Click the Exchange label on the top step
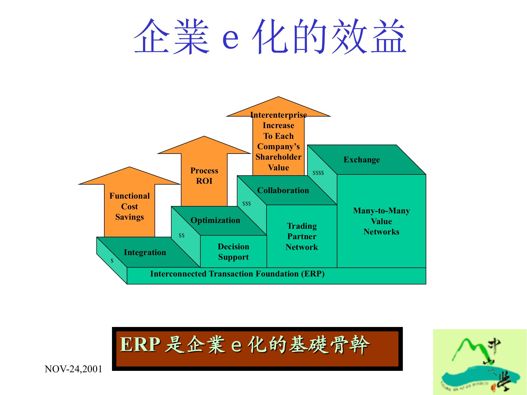(361, 160)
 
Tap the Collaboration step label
(283, 190)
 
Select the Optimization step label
(215, 220)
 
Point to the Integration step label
(145, 252)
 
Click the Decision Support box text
(233, 252)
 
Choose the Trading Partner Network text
(302, 236)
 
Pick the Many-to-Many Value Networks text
(381, 221)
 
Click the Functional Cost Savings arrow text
(130, 206)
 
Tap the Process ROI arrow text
(204, 176)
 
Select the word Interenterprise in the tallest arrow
(278, 115)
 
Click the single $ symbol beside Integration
(112, 261)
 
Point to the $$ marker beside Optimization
(181, 236)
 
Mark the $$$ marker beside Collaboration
(246, 204)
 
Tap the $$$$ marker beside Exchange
(318, 173)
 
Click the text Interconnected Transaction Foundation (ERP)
(237, 274)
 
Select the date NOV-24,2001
(73, 369)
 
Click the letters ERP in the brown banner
(140, 345)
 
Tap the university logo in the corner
(480, 362)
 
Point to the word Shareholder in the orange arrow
(278, 157)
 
